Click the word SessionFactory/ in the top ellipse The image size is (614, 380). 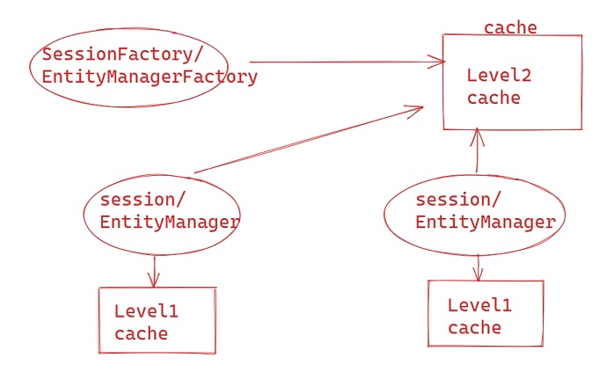pos(116,55)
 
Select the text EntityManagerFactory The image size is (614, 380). pos(150,77)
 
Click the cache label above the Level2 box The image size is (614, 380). pos(510,28)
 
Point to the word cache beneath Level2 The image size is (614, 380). pos(493,98)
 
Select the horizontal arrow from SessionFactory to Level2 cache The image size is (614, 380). pos(343,62)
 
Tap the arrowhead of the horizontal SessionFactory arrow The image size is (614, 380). pos(439,62)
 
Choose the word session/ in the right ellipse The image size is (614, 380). pos(457,200)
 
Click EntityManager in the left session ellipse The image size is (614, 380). pos(170,222)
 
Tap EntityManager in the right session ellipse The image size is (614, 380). pos(485,222)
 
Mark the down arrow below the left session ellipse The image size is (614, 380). pos(155,271)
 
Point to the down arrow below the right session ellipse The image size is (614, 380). pos(479,267)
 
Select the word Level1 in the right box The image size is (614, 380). pos(479,305)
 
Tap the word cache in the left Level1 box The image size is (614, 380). pos(141,333)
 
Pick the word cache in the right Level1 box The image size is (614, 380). pos(474,328)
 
